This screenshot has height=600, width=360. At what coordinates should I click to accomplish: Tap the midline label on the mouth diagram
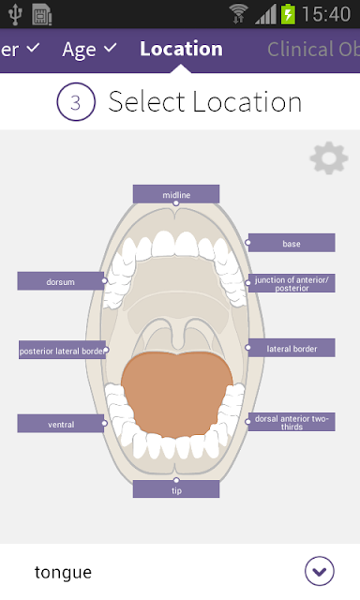(176, 194)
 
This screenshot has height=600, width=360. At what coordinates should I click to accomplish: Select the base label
(292, 243)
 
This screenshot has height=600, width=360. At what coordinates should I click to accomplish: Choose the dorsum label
(60, 281)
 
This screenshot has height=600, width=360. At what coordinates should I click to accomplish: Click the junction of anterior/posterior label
(292, 283)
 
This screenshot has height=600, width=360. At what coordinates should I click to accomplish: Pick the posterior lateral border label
(62, 350)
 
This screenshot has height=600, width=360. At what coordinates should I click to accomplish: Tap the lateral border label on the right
(292, 348)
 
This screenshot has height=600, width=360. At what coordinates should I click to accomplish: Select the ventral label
(60, 424)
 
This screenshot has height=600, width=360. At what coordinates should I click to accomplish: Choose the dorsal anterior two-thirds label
(292, 422)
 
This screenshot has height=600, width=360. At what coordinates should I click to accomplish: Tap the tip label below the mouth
(176, 489)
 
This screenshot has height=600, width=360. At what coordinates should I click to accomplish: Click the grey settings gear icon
(329, 158)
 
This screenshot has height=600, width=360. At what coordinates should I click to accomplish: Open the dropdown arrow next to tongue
(320, 571)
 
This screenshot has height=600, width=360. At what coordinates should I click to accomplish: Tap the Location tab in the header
(181, 49)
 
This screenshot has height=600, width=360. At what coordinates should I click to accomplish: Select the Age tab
(89, 50)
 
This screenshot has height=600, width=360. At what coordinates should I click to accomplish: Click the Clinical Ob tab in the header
(313, 50)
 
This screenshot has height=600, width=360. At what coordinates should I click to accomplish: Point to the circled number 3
(76, 102)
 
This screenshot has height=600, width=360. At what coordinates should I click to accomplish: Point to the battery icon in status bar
(288, 14)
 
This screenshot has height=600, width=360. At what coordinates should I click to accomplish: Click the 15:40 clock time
(326, 15)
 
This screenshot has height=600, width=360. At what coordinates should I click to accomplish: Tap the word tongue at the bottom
(63, 573)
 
